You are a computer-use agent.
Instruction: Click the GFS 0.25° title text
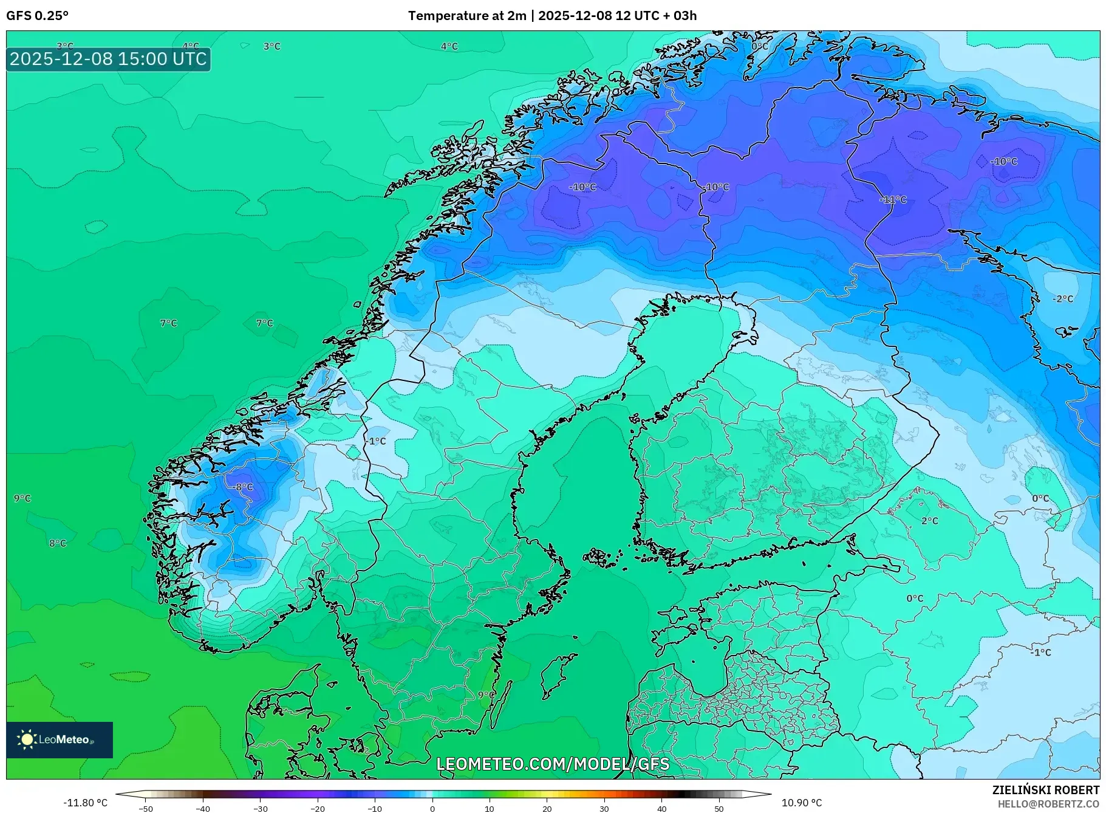point(37,16)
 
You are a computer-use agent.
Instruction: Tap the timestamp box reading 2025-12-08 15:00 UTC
point(109,59)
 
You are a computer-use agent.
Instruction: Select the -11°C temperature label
point(893,199)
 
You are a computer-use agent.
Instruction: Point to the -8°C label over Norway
point(242,487)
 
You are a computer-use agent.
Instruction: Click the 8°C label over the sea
point(58,543)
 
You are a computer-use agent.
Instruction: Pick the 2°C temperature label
point(929,521)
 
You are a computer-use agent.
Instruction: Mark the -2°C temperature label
point(1063,299)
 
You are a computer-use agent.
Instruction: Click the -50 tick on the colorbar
point(146,809)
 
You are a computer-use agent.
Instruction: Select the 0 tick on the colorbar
point(432,809)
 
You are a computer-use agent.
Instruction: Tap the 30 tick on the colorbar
point(604,809)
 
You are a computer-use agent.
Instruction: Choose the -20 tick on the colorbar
point(318,809)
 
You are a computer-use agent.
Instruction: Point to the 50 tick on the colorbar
point(719,809)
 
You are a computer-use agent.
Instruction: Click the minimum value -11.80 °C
point(86,803)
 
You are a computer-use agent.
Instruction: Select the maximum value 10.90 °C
point(802,803)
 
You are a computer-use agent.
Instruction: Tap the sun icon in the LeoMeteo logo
point(27,739)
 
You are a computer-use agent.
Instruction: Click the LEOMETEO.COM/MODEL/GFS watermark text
point(553,764)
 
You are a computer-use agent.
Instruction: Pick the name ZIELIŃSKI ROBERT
point(1046,790)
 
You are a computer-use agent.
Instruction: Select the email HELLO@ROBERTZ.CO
point(1049,804)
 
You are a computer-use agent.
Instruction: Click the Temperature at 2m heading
point(466,16)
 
